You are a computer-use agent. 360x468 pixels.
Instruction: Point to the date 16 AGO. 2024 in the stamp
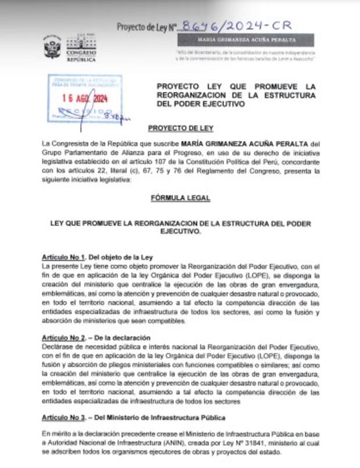85,98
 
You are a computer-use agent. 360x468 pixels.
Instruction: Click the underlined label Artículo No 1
63,257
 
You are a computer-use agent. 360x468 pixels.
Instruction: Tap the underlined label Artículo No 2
63,337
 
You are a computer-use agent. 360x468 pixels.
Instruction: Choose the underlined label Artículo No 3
63,417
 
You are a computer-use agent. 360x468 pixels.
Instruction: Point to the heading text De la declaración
126,337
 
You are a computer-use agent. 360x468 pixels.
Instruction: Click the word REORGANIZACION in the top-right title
192,95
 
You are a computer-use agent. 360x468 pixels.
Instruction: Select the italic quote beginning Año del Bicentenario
246,56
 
